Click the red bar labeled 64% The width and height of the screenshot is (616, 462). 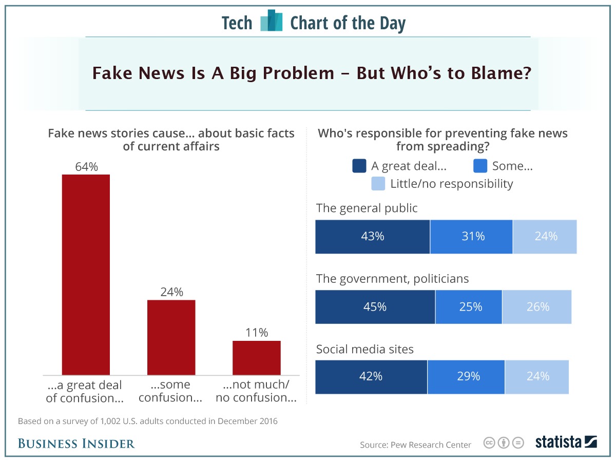[x=86, y=275]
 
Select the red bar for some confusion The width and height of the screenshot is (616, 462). [x=171, y=337]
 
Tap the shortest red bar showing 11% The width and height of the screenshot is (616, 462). [x=256, y=358]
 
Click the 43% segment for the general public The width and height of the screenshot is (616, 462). [x=372, y=237]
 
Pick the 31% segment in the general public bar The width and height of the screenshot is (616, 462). [x=471, y=237]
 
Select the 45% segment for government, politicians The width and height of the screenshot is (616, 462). [x=375, y=307]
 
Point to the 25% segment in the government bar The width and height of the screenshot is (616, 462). [x=469, y=307]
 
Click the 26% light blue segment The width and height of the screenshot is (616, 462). [x=537, y=307]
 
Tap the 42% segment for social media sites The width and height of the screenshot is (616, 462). [x=371, y=377]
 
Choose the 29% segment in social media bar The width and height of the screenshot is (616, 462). [x=466, y=377]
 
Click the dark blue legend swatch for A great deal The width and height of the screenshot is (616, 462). [x=359, y=166]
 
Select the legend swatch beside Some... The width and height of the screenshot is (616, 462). [x=480, y=166]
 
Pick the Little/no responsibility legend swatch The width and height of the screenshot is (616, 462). [x=378, y=184]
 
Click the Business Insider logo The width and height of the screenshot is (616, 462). [x=76, y=444]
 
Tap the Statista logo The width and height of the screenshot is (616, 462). [x=566, y=442]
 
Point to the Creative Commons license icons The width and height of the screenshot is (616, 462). [x=504, y=443]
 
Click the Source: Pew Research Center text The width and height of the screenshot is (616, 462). [x=415, y=445]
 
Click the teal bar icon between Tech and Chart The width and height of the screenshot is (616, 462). [x=272, y=22]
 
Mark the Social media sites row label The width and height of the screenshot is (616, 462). [x=364, y=350]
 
